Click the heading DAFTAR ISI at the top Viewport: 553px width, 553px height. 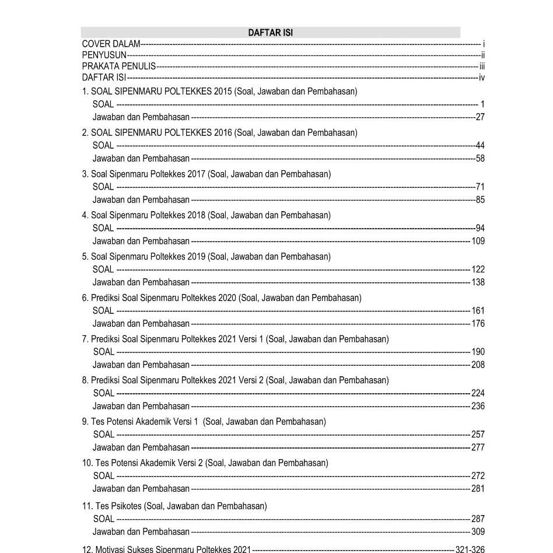pyautogui.click(x=270, y=33)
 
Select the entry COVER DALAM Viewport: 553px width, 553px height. pyautogui.click(x=111, y=44)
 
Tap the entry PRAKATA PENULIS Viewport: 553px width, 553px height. pyautogui.click(x=118, y=66)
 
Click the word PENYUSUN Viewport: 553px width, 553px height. pyautogui.click(x=104, y=55)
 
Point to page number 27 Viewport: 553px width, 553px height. pyautogui.click(x=480, y=117)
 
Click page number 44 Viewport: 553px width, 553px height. pyautogui.click(x=480, y=146)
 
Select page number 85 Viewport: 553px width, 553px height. pyautogui.click(x=480, y=200)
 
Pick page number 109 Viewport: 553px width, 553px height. pyautogui.click(x=478, y=241)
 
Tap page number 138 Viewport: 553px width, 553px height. pyautogui.click(x=478, y=282)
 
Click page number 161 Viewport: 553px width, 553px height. pyautogui.click(x=478, y=311)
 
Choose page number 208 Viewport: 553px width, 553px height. pyautogui.click(x=478, y=365)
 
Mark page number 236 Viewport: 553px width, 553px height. pyautogui.click(x=478, y=407)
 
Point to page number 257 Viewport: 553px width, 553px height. pyautogui.click(x=478, y=435)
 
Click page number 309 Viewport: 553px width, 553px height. pyautogui.click(x=478, y=532)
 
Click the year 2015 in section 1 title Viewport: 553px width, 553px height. pyautogui.click(x=223, y=92)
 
